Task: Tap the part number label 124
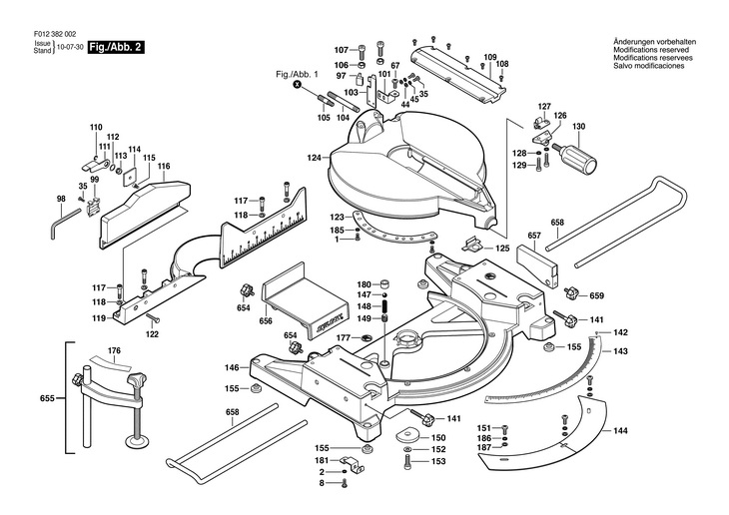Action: (314, 159)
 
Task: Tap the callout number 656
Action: (266, 321)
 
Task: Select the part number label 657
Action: (534, 237)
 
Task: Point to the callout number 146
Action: (231, 368)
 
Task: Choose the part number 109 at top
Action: (490, 56)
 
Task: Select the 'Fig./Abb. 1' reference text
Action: (297, 75)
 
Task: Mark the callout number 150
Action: (437, 437)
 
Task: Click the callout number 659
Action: (597, 295)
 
